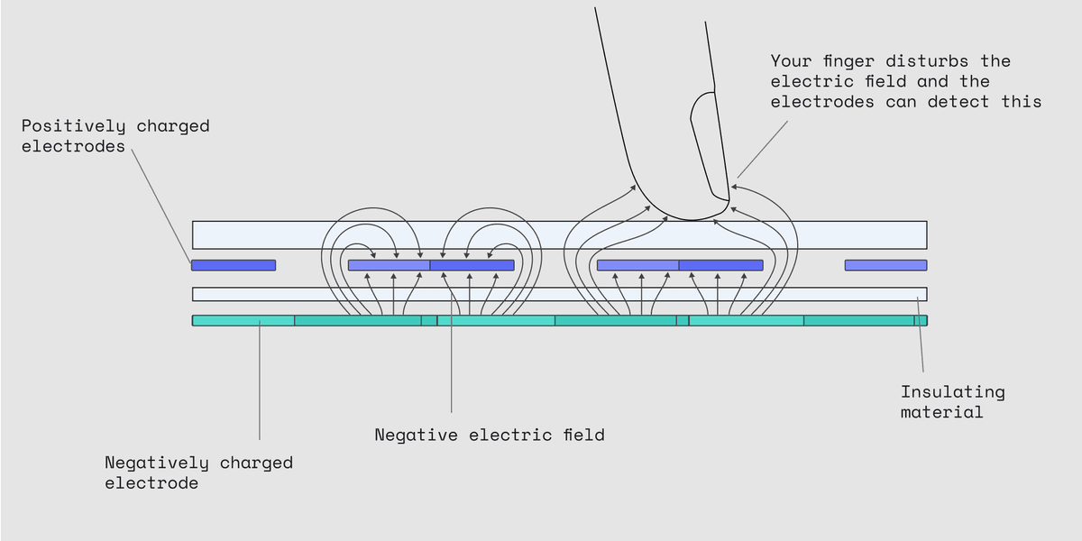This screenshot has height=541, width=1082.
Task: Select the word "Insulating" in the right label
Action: [x=952, y=392]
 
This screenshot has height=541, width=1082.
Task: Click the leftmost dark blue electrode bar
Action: [x=234, y=265]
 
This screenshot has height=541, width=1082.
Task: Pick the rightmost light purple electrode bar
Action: [x=885, y=265]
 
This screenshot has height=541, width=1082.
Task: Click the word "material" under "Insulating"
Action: [x=942, y=412]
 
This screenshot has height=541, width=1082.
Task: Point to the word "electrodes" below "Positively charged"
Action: [x=73, y=146]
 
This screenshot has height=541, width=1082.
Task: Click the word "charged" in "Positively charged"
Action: [x=173, y=126]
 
